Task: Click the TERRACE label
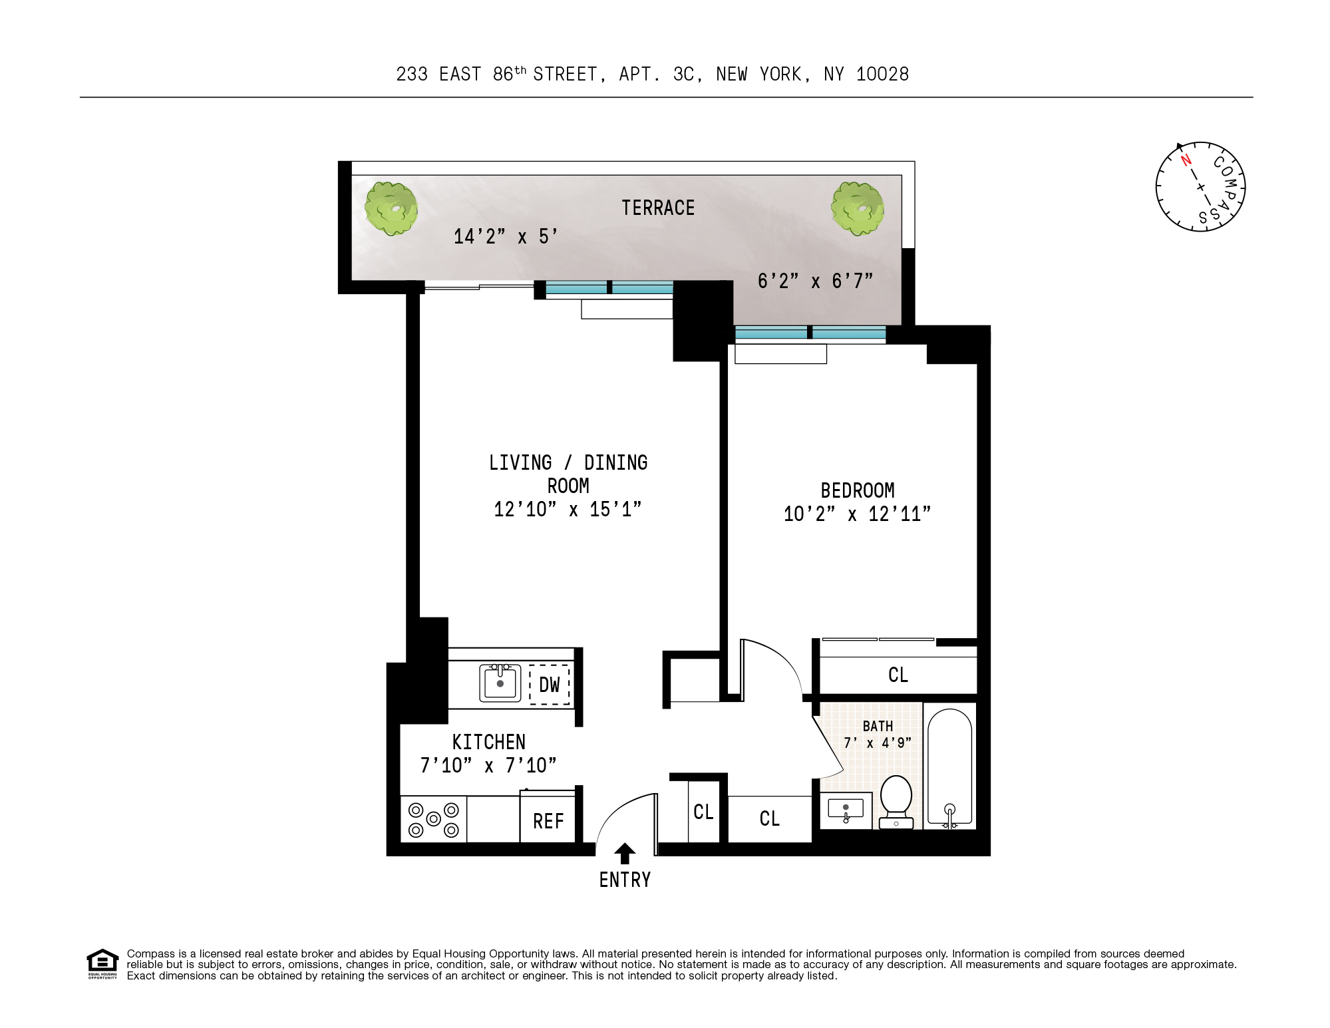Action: tap(657, 208)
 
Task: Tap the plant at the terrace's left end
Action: tap(391, 208)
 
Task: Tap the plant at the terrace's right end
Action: tap(858, 208)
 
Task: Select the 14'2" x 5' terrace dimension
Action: tap(505, 237)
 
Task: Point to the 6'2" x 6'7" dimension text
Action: tap(814, 281)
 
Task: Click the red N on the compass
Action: tap(1186, 160)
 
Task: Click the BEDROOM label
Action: tap(857, 491)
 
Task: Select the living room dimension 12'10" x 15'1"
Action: tap(568, 510)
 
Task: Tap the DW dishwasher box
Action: tap(549, 685)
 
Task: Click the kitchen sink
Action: tap(500, 683)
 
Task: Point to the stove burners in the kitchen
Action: tap(433, 820)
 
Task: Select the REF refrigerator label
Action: tap(548, 822)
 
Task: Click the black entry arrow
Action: tap(624, 853)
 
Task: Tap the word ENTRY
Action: tap(624, 880)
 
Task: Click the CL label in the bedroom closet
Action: tap(898, 675)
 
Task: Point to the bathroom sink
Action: tap(845, 809)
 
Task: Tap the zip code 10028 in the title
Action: tap(882, 75)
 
